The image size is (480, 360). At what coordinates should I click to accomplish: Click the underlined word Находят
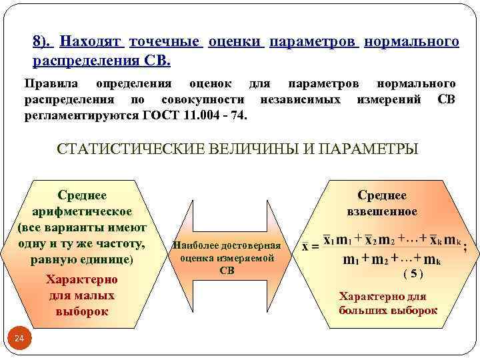coord(92,42)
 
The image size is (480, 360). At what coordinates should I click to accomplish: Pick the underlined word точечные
coord(166,42)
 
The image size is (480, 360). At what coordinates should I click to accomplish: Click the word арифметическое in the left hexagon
coord(83,211)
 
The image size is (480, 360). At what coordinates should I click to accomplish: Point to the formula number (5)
coord(413,273)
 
